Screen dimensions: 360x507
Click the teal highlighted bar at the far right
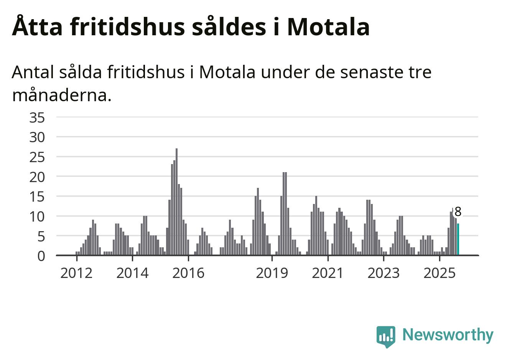[458, 239]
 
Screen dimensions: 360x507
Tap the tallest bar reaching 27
[176, 202]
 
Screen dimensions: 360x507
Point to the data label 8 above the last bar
[458, 212]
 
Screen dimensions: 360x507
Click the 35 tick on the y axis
[37, 118]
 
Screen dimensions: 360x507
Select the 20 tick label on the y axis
[37, 177]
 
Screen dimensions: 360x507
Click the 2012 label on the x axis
[76, 273]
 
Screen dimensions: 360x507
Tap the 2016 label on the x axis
[188, 273]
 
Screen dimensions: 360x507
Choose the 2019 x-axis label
[272, 273]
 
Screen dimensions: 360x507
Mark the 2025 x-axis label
[440, 273]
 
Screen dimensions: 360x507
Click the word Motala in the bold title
[328, 27]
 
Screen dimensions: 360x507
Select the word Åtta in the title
[35, 27]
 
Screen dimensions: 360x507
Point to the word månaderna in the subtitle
[62, 95]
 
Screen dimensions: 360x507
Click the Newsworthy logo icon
[385, 336]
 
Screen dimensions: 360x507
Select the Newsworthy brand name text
[448, 335]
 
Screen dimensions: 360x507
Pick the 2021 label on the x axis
[328, 273]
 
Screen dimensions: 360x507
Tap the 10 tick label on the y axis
[37, 217]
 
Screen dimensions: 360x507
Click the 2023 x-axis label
[384, 273]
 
